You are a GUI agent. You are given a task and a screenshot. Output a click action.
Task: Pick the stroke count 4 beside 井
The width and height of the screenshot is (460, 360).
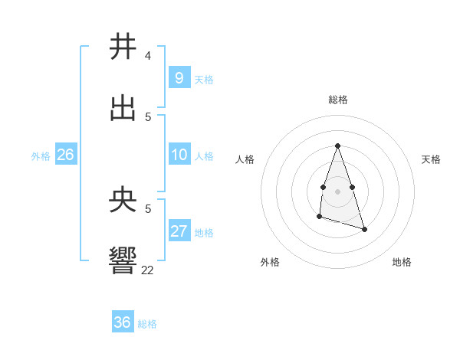click(148, 56)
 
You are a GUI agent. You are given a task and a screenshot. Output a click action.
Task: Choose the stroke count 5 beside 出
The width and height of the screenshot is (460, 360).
click(148, 116)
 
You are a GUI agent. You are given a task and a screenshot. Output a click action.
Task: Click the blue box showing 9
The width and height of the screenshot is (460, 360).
click(179, 77)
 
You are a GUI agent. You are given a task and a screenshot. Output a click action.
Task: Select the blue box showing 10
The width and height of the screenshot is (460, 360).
click(179, 155)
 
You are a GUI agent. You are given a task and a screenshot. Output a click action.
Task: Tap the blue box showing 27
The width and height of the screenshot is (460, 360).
click(179, 231)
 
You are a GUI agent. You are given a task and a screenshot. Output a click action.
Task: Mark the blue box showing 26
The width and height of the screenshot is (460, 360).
click(65, 155)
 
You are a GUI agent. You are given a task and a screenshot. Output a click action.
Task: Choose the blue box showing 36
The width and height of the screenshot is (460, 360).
click(123, 322)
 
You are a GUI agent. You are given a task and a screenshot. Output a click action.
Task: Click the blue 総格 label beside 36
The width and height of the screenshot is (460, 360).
click(147, 324)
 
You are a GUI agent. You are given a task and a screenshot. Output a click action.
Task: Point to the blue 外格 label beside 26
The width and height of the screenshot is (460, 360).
click(41, 156)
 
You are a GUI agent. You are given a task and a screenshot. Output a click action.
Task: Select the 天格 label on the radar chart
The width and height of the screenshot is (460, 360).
click(432, 159)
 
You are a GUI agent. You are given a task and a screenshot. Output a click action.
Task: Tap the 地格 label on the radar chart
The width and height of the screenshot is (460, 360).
click(402, 262)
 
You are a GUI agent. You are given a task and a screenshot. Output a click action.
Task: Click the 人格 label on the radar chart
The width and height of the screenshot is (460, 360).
click(245, 159)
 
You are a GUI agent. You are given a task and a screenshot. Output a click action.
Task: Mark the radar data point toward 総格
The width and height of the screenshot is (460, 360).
click(337, 146)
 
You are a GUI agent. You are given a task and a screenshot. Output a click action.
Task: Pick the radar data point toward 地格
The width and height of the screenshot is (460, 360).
click(364, 229)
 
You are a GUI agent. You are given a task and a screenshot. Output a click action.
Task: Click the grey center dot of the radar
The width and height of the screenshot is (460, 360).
click(337, 191)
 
